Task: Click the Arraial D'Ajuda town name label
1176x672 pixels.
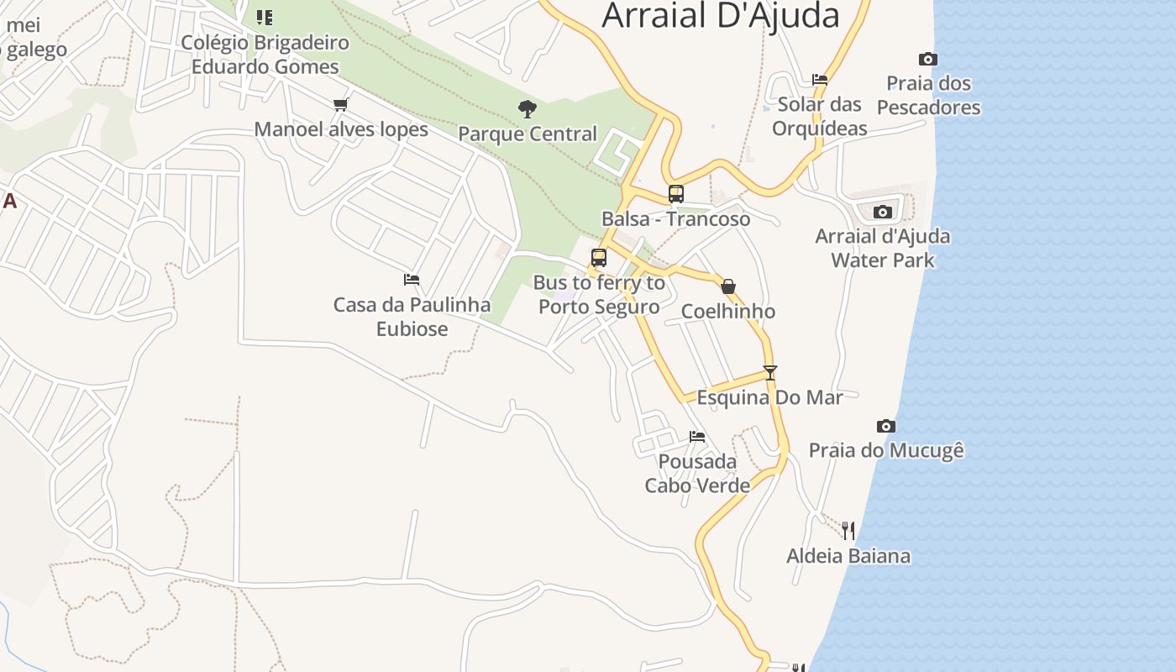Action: (x=721, y=15)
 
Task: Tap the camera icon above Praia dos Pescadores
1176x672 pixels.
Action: (x=928, y=59)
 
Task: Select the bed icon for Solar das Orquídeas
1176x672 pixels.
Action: (x=820, y=80)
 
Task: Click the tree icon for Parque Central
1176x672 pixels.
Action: (x=528, y=108)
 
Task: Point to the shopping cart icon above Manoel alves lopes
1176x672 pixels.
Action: (x=340, y=104)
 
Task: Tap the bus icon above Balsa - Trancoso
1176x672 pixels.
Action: (x=676, y=194)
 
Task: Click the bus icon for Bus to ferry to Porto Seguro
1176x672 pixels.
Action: (x=599, y=258)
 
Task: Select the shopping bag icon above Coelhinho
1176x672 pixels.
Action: (x=728, y=286)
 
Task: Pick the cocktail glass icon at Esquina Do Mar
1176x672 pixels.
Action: (x=770, y=372)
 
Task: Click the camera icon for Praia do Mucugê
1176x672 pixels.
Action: (x=886, y=426)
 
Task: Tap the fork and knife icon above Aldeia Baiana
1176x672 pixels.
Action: (x=848, y=530)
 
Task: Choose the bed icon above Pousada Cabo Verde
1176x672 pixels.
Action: (x=697, y=436)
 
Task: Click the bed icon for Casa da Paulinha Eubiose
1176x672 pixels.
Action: (x=412, y=279)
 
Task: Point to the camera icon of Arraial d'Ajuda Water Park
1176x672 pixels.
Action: (x=882, y=212)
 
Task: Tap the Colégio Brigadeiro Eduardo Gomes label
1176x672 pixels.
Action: (x=265, y=55)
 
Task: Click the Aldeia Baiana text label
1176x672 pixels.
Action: (x=848, y=556)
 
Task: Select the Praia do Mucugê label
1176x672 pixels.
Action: (x=886, y=451)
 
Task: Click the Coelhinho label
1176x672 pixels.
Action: (x=728, y=312)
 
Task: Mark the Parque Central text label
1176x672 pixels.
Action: (x=528, y=134)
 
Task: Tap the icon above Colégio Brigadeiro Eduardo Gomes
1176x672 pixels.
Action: (x=265, y=17)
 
